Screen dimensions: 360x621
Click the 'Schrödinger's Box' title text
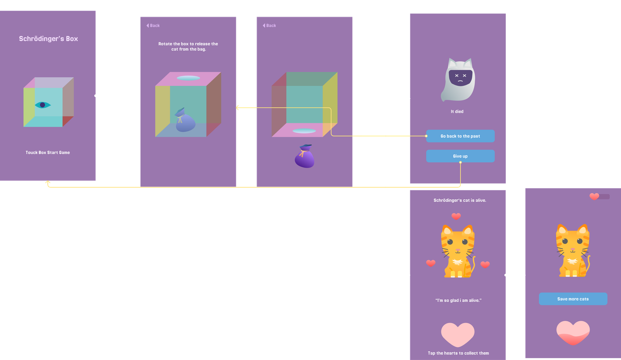(x=49, y=39)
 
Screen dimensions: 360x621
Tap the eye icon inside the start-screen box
(x=43, y=105)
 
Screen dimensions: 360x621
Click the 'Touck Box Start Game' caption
(x=48, y=152)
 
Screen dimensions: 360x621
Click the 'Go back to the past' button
(x=460, y=136)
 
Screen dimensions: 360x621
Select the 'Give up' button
(x=460, y=156)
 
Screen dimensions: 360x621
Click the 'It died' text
(x=457, y=111)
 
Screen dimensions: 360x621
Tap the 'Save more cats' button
(x=573, y=299)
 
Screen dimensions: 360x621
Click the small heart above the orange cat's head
(x=456, y=216)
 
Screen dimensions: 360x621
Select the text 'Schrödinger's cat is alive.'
(x=460, y=200)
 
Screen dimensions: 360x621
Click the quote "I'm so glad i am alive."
(x=458, y=300)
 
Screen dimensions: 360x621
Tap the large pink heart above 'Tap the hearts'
(x=458, y=334)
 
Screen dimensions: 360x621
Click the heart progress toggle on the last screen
(x=599, y=196)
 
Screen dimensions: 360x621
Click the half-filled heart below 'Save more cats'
(x=573, y=333)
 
